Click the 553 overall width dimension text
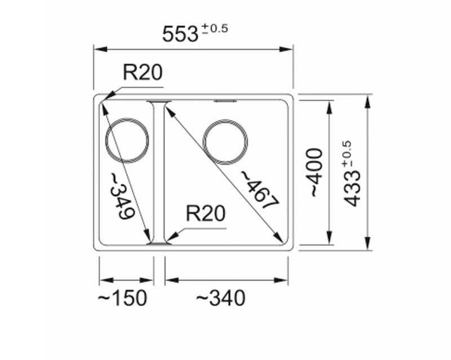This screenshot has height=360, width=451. point(179,34)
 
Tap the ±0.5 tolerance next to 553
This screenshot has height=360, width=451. point(215,28)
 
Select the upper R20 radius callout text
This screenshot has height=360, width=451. point(143,73)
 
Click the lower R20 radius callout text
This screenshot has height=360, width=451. point(205,214)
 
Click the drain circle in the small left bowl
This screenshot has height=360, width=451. point(127,141)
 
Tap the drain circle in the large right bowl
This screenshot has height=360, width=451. point(225,142)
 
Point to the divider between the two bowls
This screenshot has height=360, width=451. point(158,172)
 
